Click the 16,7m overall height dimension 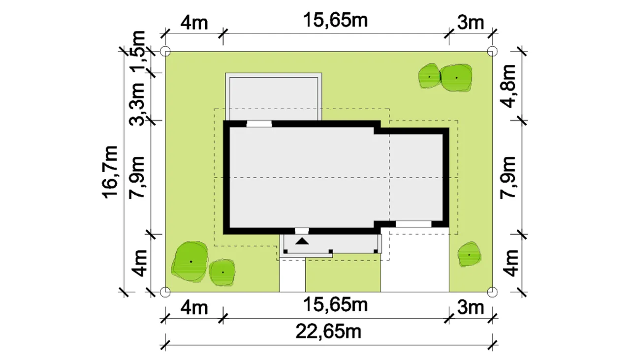pyautogui.click(x=110, y=172)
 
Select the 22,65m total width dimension pyautogui.click(x=328, y=332)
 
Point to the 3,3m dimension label pyautogui.click(x=137, y=104)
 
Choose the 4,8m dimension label pyautogui.click(x=508, y=86)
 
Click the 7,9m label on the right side pyautogui.click(x=508, y=178)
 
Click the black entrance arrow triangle pyautogui.click(x=302, y=241)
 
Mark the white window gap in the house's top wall pyautogui.click(x=259, y=123)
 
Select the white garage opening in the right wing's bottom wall pyautogui.click(x=413, y=224)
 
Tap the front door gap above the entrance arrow pyautogui.click(x=302, y=231)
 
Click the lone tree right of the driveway pyautogui.click(x=469, y=254)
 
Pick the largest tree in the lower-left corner pyautogui.click(x=190, y=261)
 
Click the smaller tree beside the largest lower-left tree pyautogui.click(x=222, y=272)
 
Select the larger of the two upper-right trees pyautogui.click(x=456, y=78)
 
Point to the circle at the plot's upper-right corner pyautogui.click(x=492, y=52)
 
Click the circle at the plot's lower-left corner pyautogui.click(x=165, y=292)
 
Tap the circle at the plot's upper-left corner pyautogui.click(x=165, y=52)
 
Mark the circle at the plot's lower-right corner pyautogui.click(x=492, y=292)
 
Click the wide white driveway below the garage pyautogui.click(x=415, y=259)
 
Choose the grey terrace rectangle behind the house pyautogui.click(x=274, y=97)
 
